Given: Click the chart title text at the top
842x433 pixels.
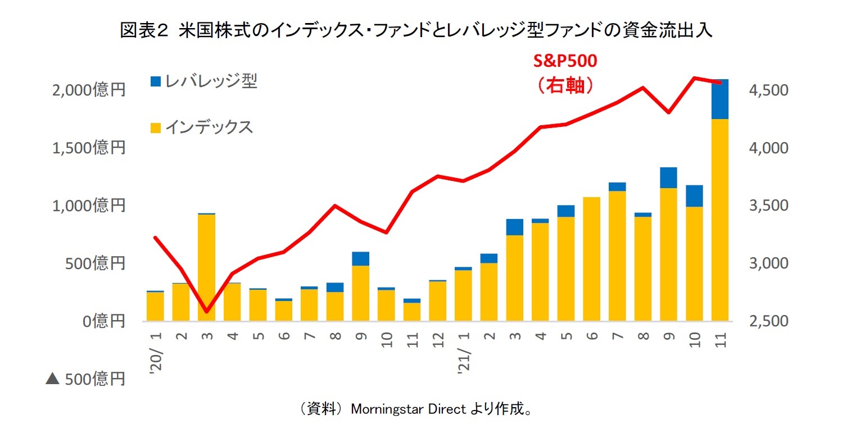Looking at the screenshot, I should point(416,31).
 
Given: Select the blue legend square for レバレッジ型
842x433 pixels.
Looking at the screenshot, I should point(155,82).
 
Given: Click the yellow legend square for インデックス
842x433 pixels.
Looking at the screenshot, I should point(155,128).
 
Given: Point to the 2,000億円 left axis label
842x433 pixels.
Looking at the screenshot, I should point(89,90).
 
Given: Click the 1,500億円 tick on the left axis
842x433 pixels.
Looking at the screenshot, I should point(89,148).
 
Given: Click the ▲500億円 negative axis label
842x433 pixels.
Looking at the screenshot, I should point(84,379).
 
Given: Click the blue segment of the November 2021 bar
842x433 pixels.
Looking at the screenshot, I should point(719,99).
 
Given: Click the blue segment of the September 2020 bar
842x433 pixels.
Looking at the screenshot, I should point(360,259).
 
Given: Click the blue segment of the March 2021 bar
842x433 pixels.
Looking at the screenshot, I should point(514,227).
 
